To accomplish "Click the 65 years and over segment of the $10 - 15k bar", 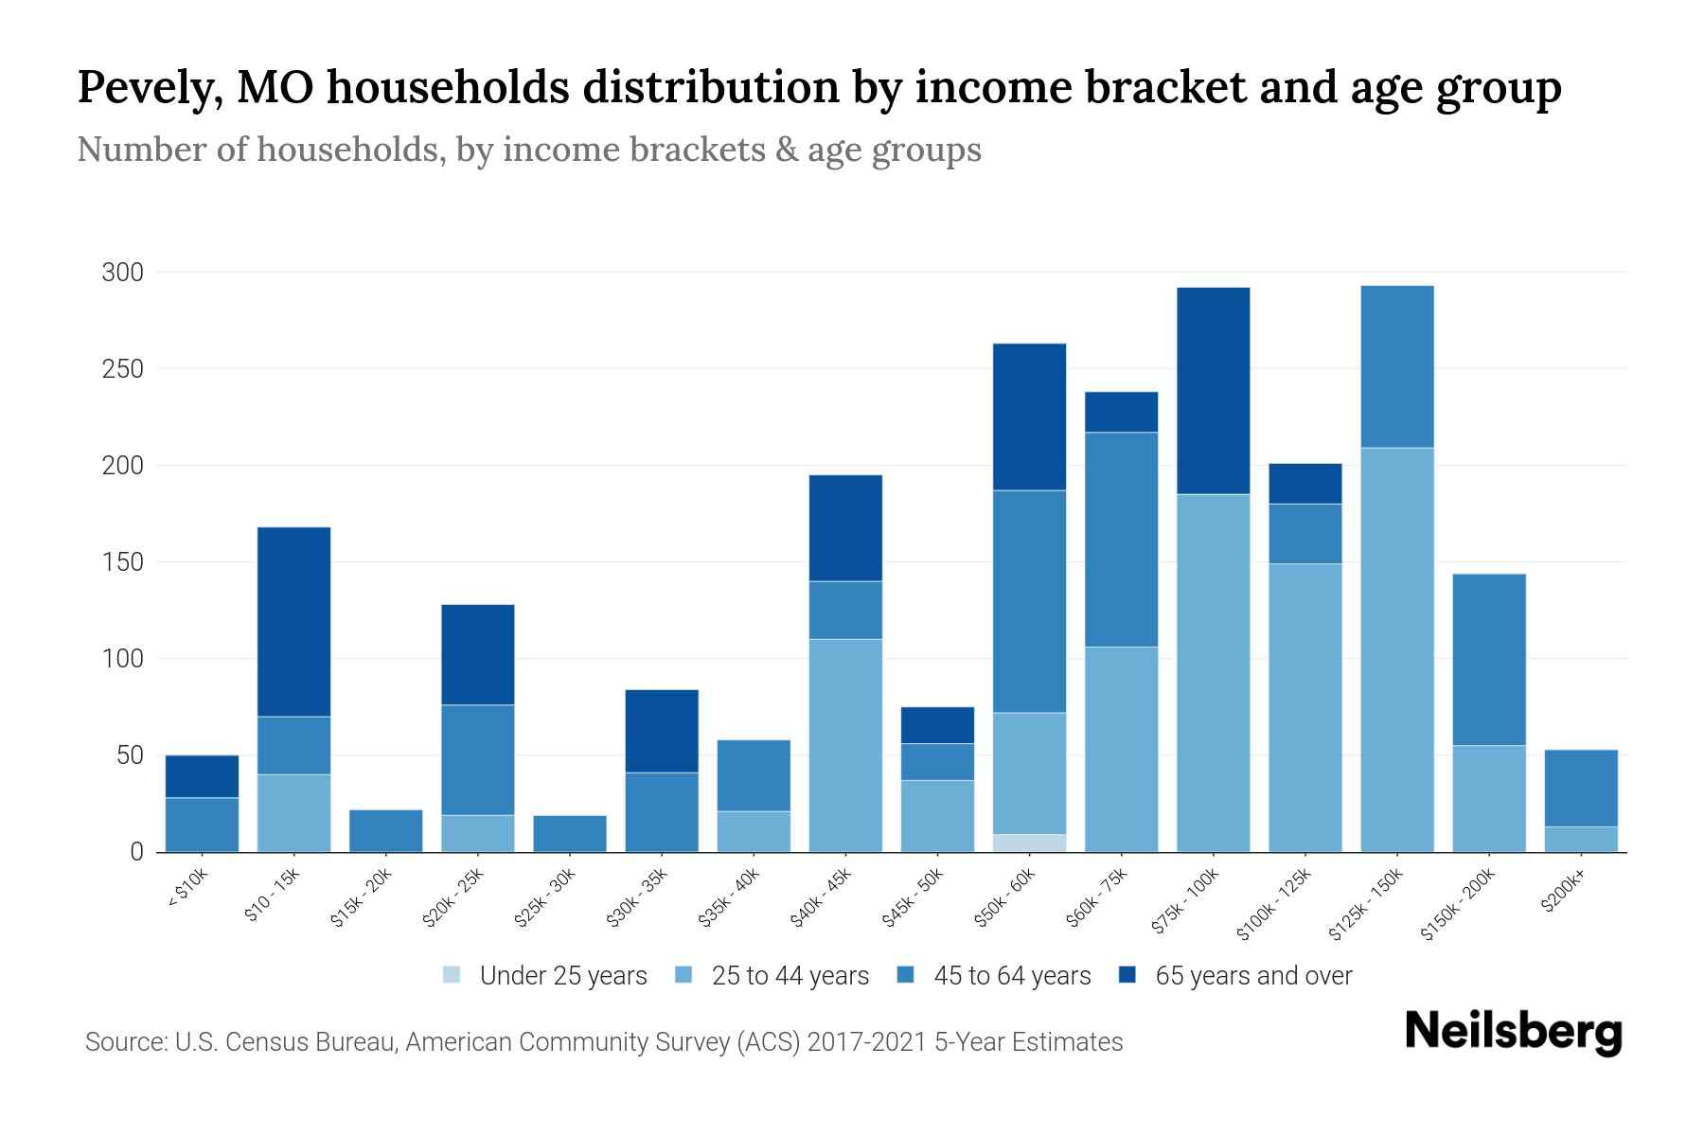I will click(293, 621).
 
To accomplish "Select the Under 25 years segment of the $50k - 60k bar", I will click(1029, 843).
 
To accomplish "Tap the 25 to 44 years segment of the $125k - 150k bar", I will click(1397, 649).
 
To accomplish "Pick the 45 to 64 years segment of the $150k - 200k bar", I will click(1489, 660).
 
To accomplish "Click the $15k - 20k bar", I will click(385, 830).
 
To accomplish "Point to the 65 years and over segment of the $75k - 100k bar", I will click(1213, 390).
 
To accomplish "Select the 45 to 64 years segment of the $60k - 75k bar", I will click(1121, 540).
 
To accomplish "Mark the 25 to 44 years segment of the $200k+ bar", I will click(1581, 839).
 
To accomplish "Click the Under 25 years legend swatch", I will click(453, 975).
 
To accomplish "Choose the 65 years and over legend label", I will click(1253, 976).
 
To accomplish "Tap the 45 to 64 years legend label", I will click(1012, 976).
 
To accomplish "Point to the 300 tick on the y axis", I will click(122, 273).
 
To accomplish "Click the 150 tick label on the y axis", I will click(122, 562).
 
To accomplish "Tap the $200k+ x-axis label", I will click(1563, 895).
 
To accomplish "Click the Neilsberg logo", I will click(1513, 1032).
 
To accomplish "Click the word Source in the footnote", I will click(123, 1042).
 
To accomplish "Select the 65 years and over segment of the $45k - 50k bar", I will click(937, 725).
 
